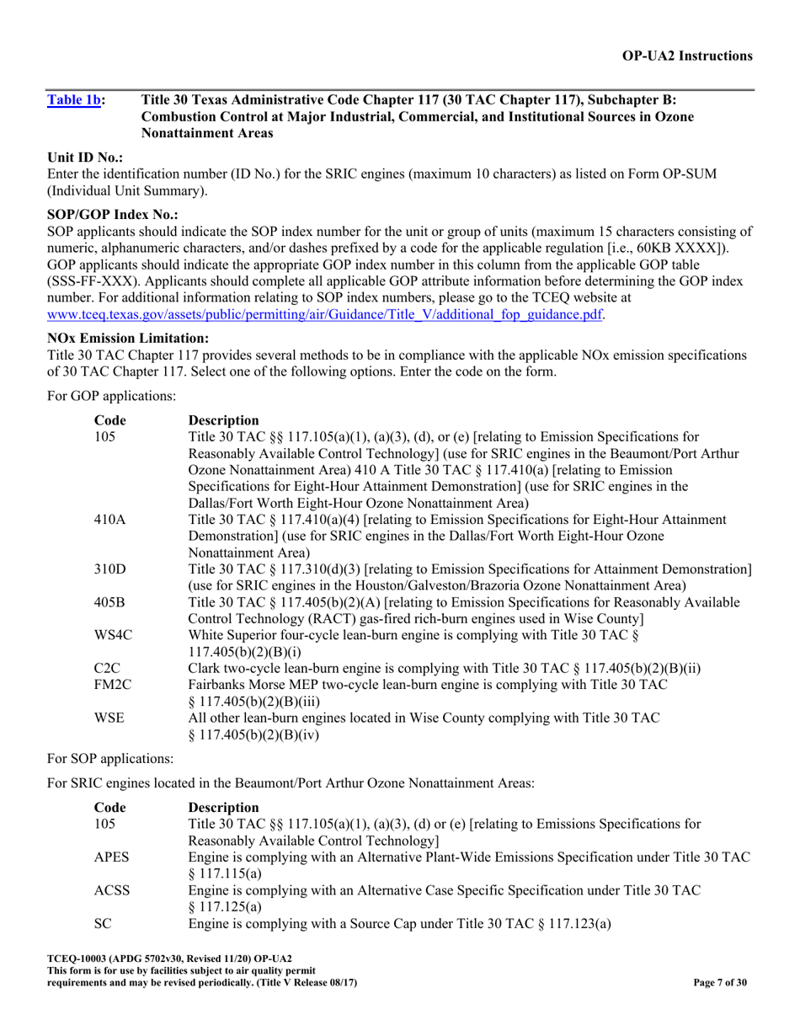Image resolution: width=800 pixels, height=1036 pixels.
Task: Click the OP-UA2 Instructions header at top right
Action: pyautogui.click(x=687, y=56)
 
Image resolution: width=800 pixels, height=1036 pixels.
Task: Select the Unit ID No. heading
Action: pyautogui.click(x=85, y=158)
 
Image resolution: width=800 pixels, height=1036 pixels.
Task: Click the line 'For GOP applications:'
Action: pyautogui.click(x=111, y=393)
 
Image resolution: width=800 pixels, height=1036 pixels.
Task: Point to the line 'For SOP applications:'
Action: pyautogui.click(x=110, y=758)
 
